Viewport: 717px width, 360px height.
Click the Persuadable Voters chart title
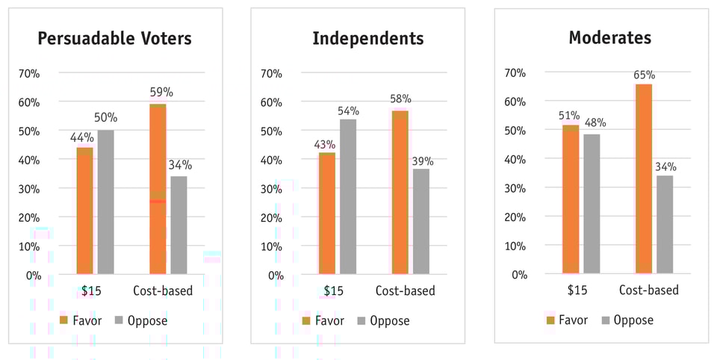[x=115, y=38]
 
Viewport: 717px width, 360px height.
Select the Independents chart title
[x=367, y=38]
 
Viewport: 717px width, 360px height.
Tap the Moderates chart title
[x=609, y=37]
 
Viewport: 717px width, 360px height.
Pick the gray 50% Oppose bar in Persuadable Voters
[x=106, y=202]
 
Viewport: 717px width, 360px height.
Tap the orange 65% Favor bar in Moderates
[x=644, y=179]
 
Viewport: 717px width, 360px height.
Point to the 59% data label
[x=161, y=93]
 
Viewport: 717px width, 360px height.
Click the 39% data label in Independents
[x=422, y=161]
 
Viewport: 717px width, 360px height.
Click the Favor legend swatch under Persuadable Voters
[x=64, y=320]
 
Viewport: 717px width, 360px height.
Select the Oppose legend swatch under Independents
[x=362, y=320]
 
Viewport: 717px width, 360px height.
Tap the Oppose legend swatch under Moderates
[x=606, y=320]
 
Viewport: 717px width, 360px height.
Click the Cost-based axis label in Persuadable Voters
[x=163, y=291]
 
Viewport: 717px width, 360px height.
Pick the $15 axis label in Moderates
[x=577, y=290]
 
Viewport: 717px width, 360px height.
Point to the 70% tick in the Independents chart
[x=270, y=73]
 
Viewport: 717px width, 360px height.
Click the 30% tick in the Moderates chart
[x=514, y=188]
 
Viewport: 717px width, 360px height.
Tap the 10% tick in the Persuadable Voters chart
[x=28, y=246]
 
